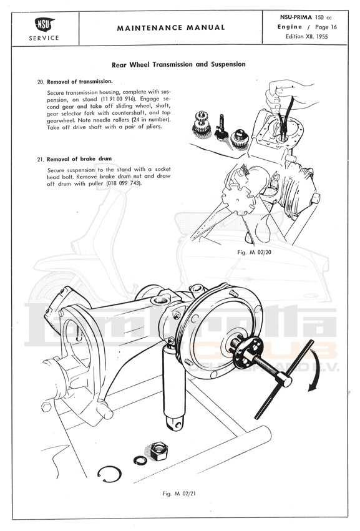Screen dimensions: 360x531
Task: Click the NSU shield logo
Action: click(44, 24)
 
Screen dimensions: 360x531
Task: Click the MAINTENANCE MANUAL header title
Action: click(171, 28)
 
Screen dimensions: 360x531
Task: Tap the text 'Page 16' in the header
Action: click(326, 27)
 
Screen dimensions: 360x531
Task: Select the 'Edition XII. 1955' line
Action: click(306, 37)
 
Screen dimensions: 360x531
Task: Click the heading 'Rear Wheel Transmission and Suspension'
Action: click(178, 64)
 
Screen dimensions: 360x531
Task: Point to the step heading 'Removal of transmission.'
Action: click(80, 82)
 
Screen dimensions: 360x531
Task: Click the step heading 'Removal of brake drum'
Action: click(79, 159)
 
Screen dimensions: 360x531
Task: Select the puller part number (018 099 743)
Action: click(124, 183)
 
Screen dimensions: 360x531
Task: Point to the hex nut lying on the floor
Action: click(158, 451)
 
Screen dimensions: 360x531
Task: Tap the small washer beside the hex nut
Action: click(140, 460)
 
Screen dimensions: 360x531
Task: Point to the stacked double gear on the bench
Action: click(202, 124)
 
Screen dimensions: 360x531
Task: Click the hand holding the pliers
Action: click(288, 95)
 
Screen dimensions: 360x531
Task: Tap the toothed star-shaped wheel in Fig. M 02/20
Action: click(238, 199)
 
